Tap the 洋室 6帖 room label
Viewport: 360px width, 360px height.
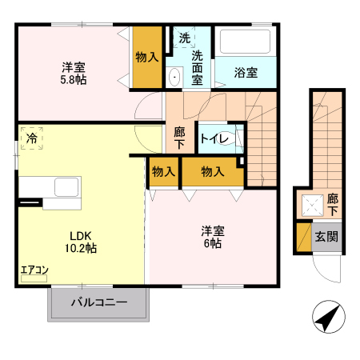click(x=212, y=237)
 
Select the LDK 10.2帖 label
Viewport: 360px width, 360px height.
click(x=81, y=242)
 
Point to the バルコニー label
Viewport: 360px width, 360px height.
click(x=100, y=303)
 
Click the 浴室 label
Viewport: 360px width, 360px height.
click(x=246, y=73)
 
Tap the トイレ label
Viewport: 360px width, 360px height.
click(x=215, y=139)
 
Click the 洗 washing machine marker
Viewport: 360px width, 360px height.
click(x=184, y=38)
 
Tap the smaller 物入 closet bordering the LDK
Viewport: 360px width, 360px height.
click(x=162, y=171)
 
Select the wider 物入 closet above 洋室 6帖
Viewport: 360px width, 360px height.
click(x=211, y=171)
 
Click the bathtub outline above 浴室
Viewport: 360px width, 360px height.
click(x=246, y=42)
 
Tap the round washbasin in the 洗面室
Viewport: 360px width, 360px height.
click(x=174, y=78)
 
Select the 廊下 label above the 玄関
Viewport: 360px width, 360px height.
click(x=332, y=204)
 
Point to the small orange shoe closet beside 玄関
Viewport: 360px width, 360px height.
click(x=303, y=237)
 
